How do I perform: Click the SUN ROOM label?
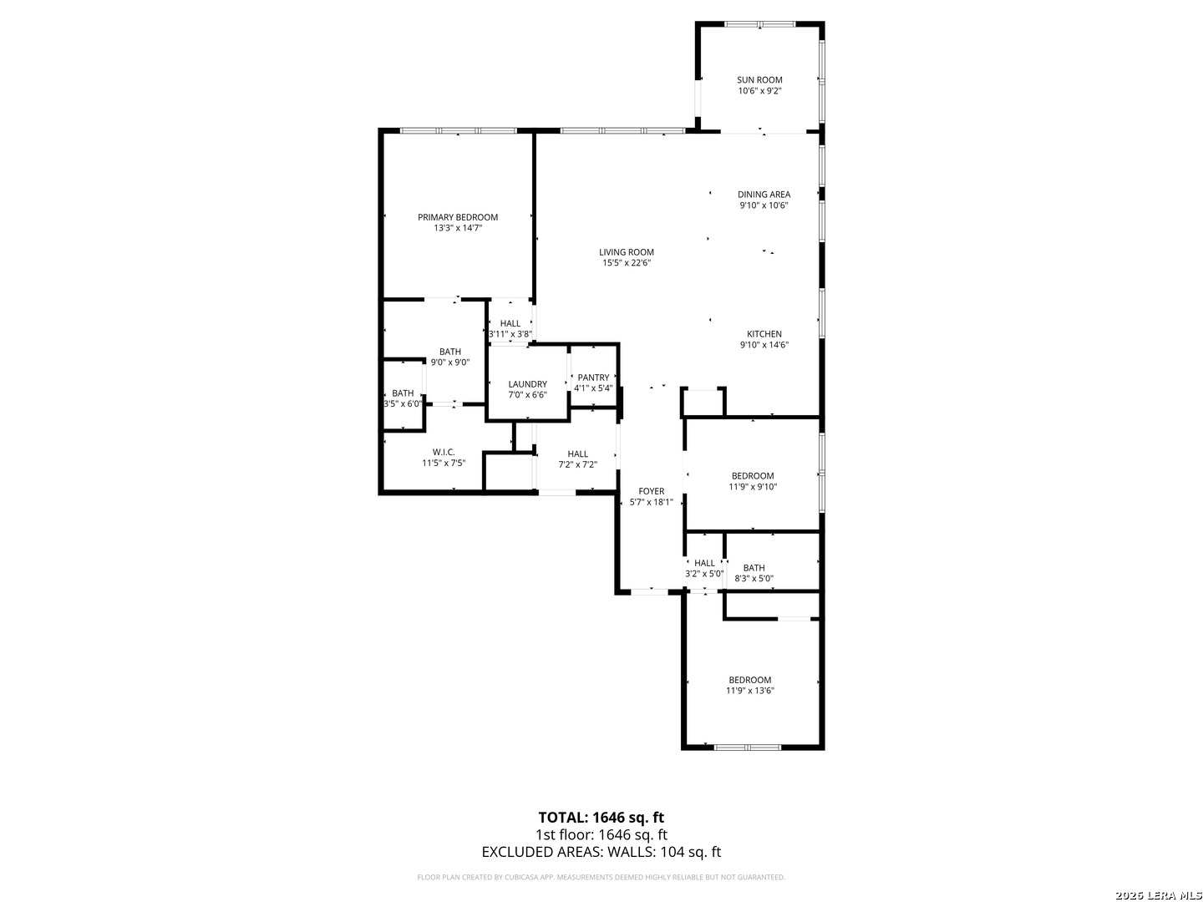pyautogui.click(x=759, y=80)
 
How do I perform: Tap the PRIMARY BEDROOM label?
pyautogui.click(x=458, y=217)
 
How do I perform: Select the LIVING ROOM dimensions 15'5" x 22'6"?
pyautogui.click(x=627, y=263)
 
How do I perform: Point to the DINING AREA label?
pyautogui.click(x=764, y=195)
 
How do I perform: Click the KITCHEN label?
pyautogui.click(x=764, y=334)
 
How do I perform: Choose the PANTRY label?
pyautogui.click(x=593, y=378)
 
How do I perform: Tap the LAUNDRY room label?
pyautogui.click(x=527, y=384)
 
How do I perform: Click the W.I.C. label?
pyautogui.click(x=444, y=452)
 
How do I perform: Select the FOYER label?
pyautogui.click(x=651, y=491)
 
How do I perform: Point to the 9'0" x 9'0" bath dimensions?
pyautogui.click(x=450, y=362)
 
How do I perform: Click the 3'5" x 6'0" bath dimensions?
pyautogui.click(x=403, y=403)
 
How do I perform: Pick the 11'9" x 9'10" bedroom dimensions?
pyautogui.click(x=753, y=486)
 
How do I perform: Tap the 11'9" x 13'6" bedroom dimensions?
pyautogui.click(x=749, y=691)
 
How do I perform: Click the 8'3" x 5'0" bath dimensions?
pyautogui.click(x=754, y=578)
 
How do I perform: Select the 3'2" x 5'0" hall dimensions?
pyautogui.click(x=704, y=574)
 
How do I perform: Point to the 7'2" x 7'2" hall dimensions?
pyautogui.click(x=577, y=464)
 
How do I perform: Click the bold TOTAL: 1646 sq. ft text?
pyautogui.click(x=601, y=817)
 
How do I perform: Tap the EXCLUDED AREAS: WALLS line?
pyautogui.click(x=601, y=852)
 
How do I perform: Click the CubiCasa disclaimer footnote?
pyautogui.click(x=601, y=877)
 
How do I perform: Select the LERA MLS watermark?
pyautogui.click(x=1158, y=895)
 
